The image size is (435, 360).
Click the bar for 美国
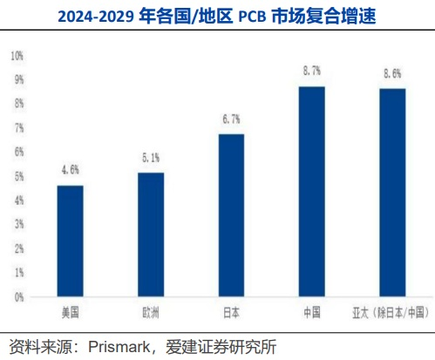71,241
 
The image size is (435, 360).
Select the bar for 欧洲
151,234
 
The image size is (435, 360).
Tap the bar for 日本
231,215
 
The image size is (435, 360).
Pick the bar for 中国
311,192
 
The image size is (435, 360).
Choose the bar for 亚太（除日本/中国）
391,193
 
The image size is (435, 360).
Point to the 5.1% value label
151,158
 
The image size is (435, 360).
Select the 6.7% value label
231,119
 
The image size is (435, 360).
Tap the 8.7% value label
311,71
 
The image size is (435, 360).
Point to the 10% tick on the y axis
17,56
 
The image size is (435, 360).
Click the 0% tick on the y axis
18,297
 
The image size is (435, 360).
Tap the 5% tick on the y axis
18,177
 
